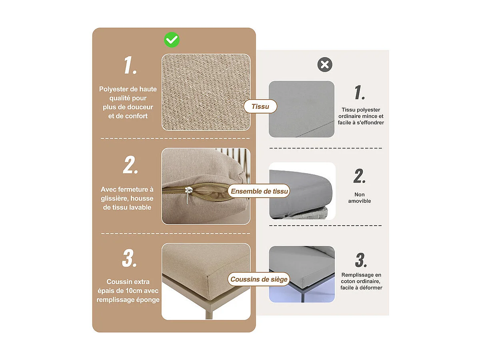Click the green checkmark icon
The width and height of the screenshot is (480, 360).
pos(172,40)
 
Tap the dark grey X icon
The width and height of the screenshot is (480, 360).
pos(325,64)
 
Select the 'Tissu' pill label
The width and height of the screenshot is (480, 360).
pos(260,106)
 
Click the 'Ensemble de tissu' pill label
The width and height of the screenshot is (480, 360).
pos(259,191)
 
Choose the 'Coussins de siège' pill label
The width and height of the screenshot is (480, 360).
pos(259,279)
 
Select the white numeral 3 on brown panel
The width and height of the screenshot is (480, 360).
pos(130,258)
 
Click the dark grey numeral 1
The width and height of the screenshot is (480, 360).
pos(360,92)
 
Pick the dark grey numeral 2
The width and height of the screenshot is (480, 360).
pos(360,176)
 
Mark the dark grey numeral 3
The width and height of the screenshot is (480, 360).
pos(361,260)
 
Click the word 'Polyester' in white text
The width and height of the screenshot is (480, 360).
pos(114,89)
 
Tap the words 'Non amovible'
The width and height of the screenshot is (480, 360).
pos(360,198)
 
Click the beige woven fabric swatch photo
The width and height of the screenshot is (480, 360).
pos(206,92)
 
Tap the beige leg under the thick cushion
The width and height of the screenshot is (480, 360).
pos(209,312)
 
